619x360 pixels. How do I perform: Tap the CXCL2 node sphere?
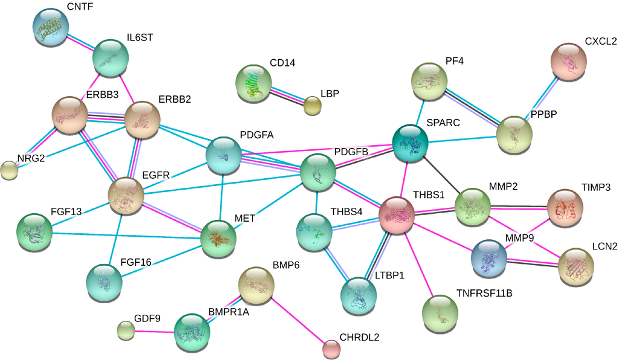pos(569,61)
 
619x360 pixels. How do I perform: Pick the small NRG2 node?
pos(9,171)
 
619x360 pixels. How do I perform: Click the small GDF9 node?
pos(126,330)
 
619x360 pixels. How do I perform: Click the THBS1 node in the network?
pos(397,214)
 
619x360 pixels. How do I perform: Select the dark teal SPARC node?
pos(410,143)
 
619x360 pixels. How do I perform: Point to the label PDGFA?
pos(256,135)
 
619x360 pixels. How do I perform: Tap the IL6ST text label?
pos(140,37)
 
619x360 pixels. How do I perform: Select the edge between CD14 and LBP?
pos(287,95)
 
